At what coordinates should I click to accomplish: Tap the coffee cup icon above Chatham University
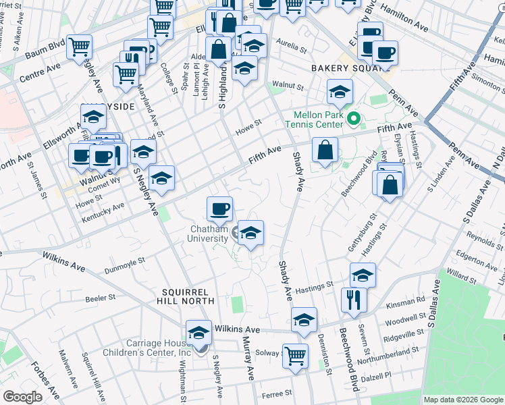click(x=219, y=209)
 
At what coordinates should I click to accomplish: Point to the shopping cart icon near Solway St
click(x=295, y=356)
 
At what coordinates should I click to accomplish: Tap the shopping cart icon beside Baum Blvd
click(x=80, y=47)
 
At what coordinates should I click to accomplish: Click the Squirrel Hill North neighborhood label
click(x=188, y=298)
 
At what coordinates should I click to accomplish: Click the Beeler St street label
click(x=100, y=298)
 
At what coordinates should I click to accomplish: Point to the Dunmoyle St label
click(x=126, y=264)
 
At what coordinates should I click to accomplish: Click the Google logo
click(x=22, y=397)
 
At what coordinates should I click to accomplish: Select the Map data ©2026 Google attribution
click(x=462, y=400)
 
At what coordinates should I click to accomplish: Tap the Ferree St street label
click(x=277, y=392)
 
